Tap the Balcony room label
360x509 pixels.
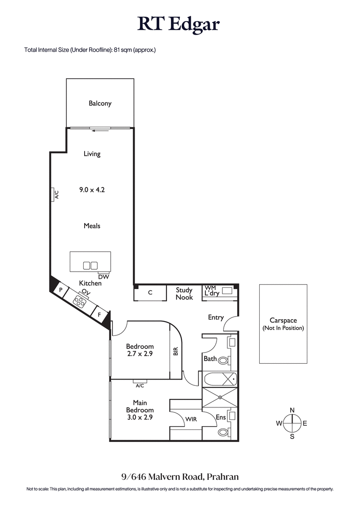100,103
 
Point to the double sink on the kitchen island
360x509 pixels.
90,265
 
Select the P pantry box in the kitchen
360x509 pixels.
60,290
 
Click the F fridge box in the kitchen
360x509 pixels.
99,315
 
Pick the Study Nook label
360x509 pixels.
184,294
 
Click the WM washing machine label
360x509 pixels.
210,287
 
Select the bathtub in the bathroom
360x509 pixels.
220,379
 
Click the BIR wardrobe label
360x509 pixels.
176,351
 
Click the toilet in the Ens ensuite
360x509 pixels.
223,433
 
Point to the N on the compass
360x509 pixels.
292,410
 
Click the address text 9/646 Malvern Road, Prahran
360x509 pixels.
180,477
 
